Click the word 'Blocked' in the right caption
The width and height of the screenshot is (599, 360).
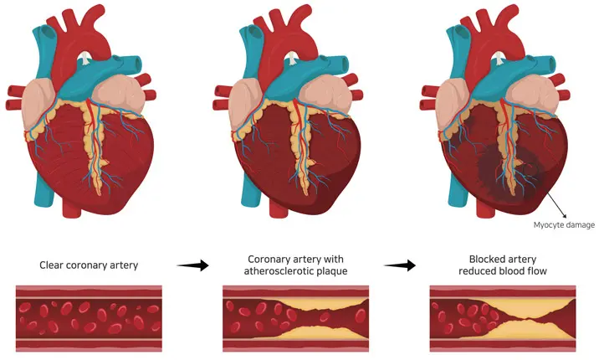[483, 259]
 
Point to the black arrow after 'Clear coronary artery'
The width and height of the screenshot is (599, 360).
[193, 265]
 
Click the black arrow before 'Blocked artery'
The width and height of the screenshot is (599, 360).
[399, 265]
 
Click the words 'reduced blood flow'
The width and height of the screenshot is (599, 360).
[503, 271]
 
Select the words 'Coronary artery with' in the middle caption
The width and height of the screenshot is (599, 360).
[296, 259]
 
